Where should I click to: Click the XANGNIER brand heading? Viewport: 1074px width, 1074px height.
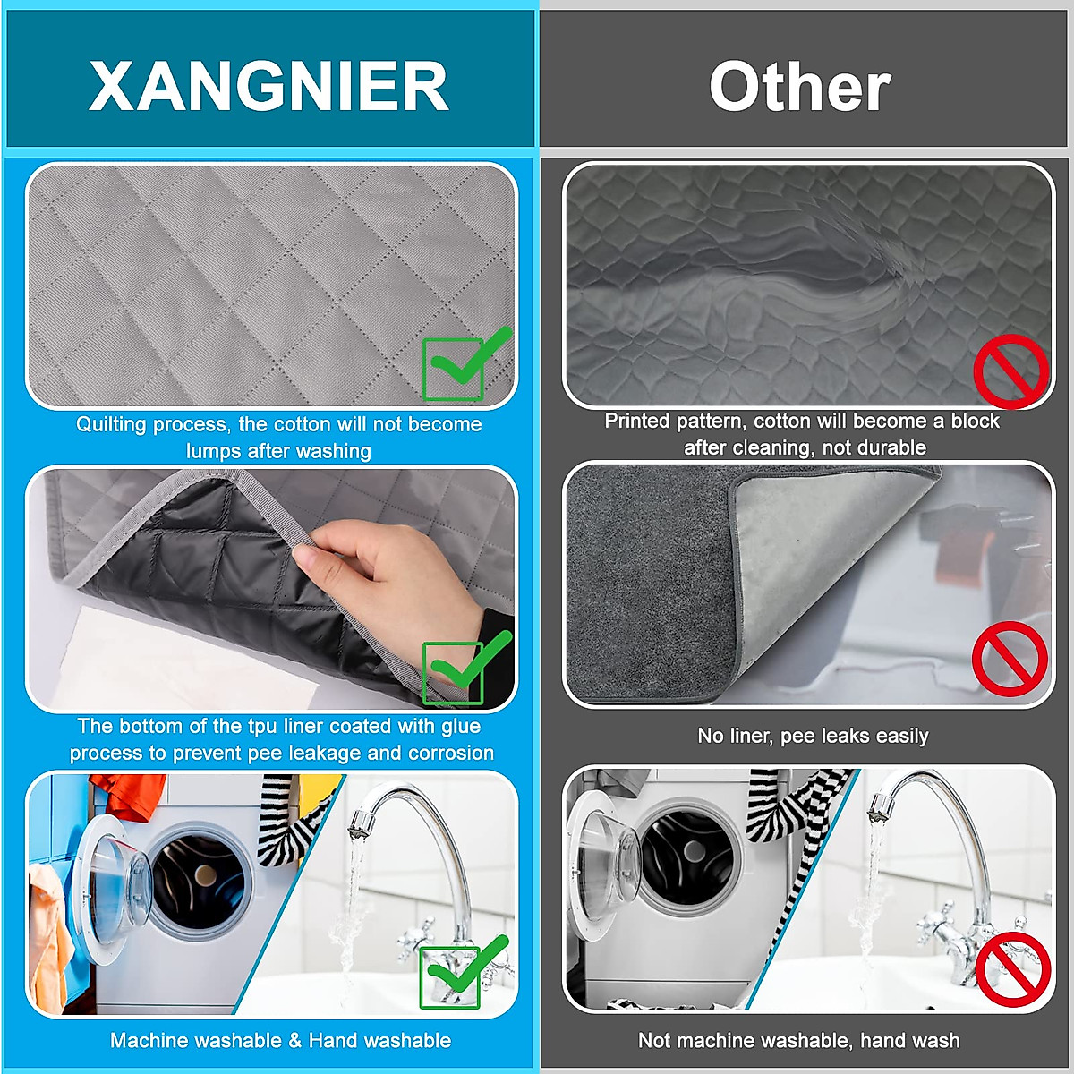268,87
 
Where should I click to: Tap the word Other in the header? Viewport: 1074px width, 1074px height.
799,87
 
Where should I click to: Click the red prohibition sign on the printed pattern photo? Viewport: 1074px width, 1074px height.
1010,371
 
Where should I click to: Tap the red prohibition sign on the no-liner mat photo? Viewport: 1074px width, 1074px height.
1010,659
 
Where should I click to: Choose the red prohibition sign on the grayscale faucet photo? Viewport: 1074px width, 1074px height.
1012,969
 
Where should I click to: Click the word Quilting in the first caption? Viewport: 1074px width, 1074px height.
113,424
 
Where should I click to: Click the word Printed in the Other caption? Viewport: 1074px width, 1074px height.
636,421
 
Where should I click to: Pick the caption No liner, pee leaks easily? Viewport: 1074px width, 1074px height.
813,736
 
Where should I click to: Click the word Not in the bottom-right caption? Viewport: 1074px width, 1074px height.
654,1040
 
